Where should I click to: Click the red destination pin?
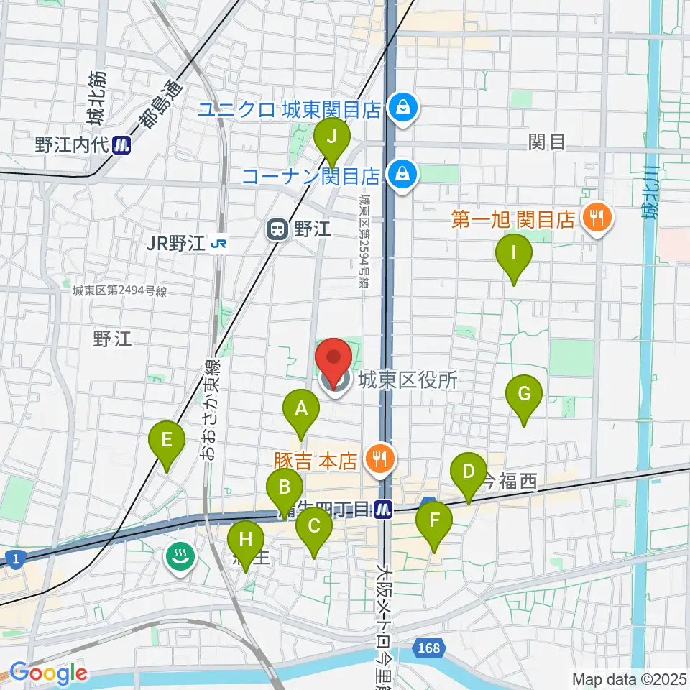334,359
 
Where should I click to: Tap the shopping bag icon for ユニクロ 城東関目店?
398,108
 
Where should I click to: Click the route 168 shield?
428,650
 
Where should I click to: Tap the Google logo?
49,673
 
